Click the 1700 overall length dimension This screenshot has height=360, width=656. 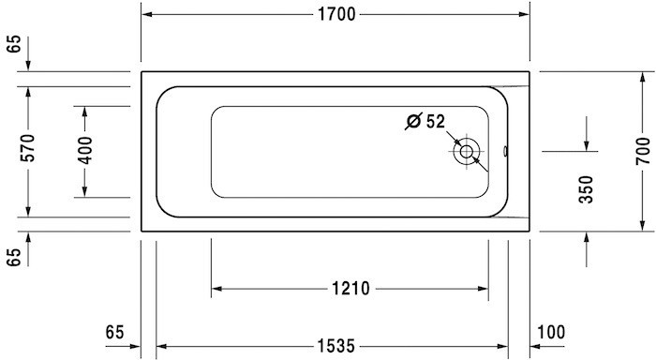coord(335,15)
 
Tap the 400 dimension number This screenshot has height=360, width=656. coord(85,151)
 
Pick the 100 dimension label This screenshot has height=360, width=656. coord(552,331)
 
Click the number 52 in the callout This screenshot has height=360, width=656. coord(436,121)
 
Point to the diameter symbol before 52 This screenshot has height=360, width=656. coord(413,121)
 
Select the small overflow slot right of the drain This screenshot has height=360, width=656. coord(503,151)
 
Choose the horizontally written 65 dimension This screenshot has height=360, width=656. coord(115,331)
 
